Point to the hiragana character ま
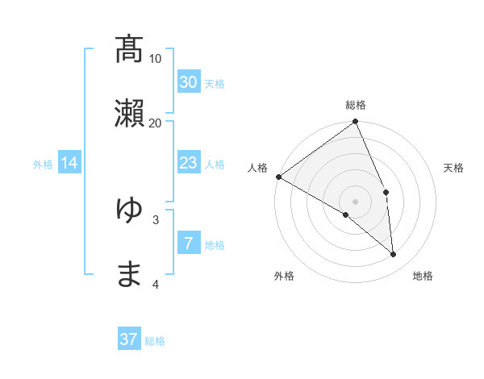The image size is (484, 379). [x=129, y=274]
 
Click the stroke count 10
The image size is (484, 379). [x=156, y=59]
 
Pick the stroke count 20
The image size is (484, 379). [x=156, y=123]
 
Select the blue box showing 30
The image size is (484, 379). [x=188, y=81]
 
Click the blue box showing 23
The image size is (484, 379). [x=188, y=163]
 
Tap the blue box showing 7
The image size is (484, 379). [x=188, y=243]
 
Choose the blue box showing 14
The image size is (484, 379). [x=69, y=163]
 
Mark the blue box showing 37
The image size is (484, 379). [x=129, y=339]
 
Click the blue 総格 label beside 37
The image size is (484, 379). [x=155, y=341]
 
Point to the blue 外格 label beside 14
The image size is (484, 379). [x=43, y=165]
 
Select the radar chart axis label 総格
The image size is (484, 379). [x=356, y=105]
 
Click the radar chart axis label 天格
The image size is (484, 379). [x=454, y=168]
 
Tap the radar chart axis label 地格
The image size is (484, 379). [x=423, y=276]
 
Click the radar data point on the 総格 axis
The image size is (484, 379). [x=356, y=123]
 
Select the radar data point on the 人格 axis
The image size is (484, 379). [x=278, y=177]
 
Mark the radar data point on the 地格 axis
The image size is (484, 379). [x=394, y=255]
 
